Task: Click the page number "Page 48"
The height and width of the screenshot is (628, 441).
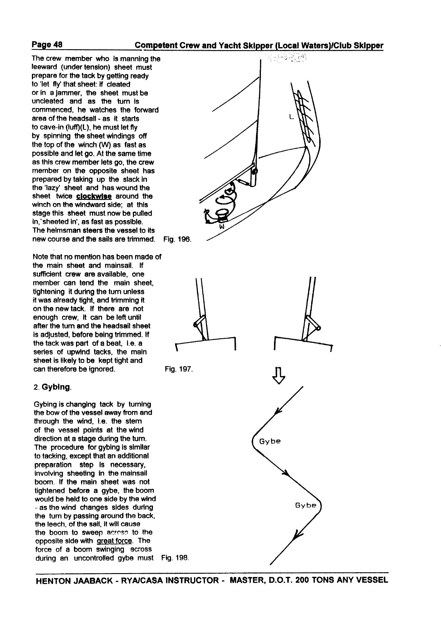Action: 47,45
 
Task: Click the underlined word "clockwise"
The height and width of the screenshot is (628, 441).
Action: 94,196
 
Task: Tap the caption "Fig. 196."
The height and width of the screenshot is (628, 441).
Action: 177,239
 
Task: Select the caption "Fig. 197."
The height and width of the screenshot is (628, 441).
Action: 179,369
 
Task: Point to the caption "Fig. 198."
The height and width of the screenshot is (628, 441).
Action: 175,558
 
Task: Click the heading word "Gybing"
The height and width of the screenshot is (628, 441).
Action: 56,387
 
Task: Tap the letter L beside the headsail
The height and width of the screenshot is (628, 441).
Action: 291,118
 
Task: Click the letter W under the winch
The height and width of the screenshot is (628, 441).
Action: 222,227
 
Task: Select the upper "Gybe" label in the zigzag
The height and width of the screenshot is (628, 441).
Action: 270,441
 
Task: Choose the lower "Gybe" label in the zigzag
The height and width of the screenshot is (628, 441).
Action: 306,505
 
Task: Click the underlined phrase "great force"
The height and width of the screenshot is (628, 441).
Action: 114,541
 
